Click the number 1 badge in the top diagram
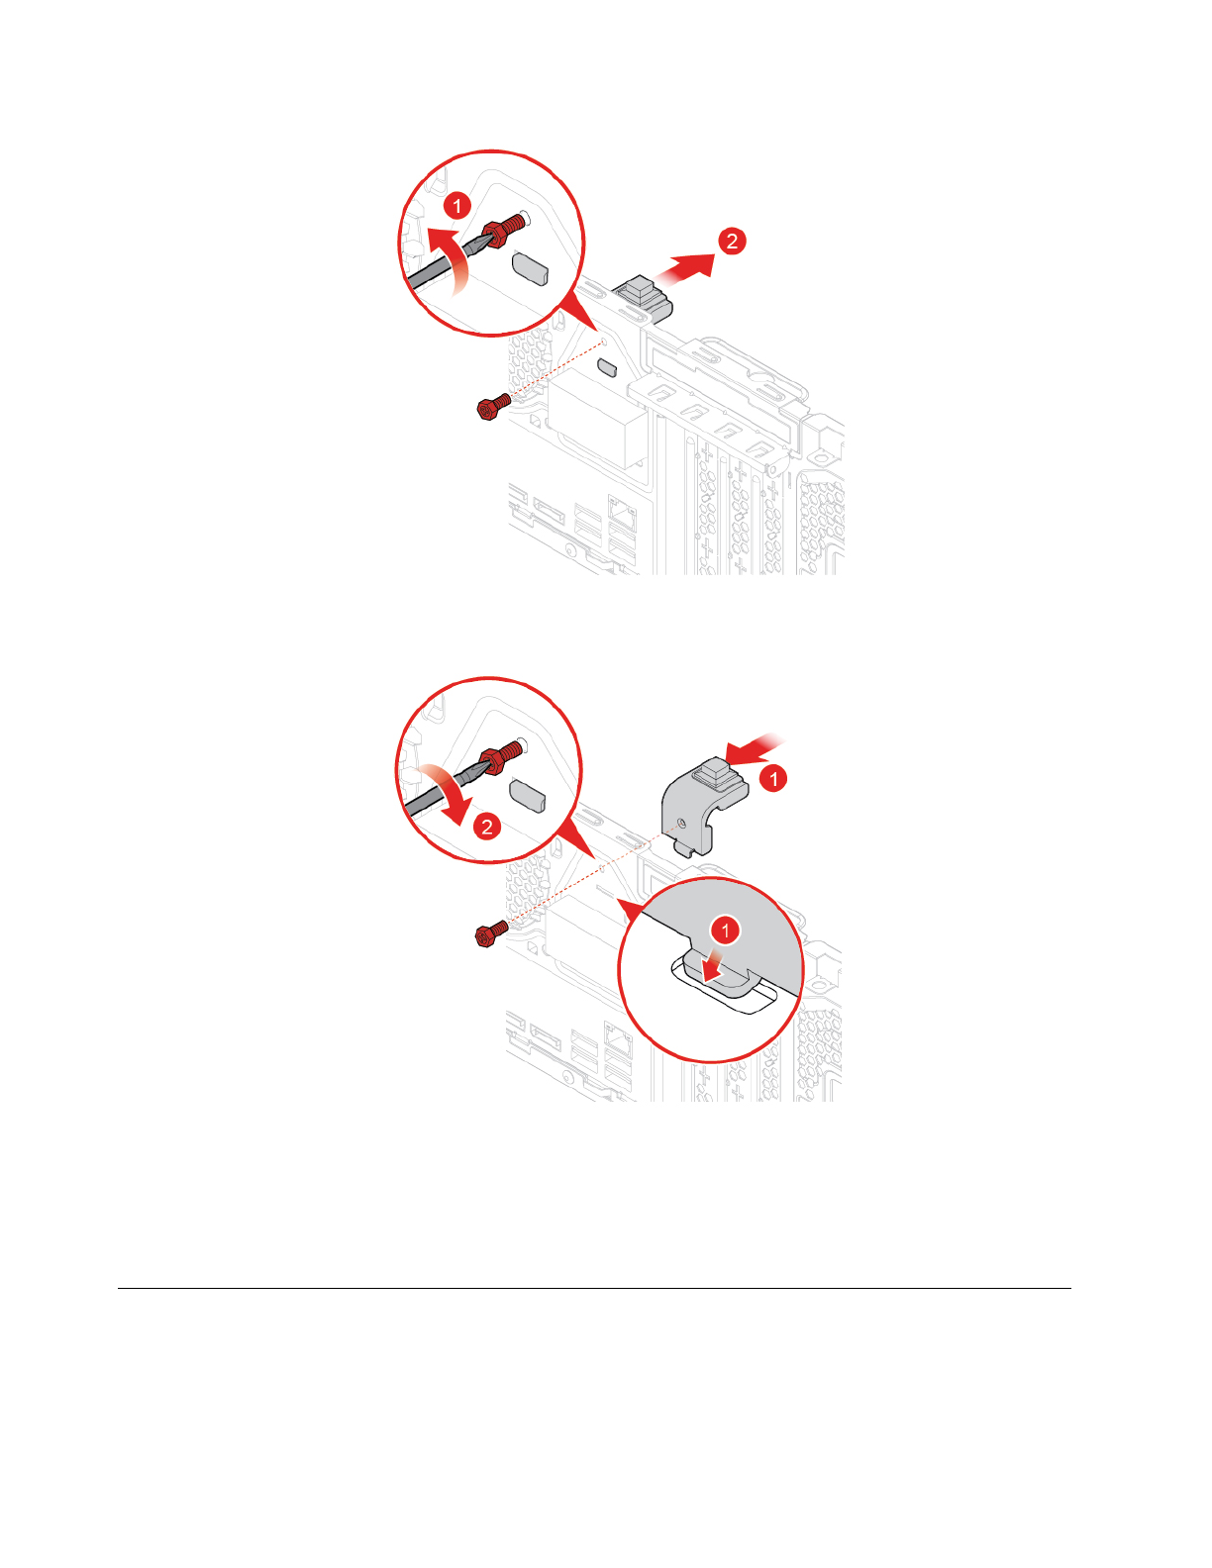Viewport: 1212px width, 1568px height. pyautogui.click(x=456, y=206)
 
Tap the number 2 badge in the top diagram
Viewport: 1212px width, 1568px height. pyautogui.click(x=731, y=241)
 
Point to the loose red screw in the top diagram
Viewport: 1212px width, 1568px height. pyautogui.click(x=494, y=406)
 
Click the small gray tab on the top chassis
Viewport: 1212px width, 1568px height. pyautogui.click(x=608, y=368)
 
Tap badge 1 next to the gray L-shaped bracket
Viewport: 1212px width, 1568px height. pyautogui.click(x=773, y=779)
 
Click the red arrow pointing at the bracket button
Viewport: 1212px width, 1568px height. pyautogui.click(x=754, y=749)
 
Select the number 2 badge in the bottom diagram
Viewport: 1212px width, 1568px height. pyautogui.click(x=487, y=827)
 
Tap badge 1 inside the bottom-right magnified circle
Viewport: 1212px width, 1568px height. pyautogui.click(x=726, y=931)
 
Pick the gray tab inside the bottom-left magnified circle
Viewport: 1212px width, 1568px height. pyautogui.click(x=528, y=795)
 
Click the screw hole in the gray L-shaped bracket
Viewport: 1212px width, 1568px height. pyautogui.click(x=682, y=823)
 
